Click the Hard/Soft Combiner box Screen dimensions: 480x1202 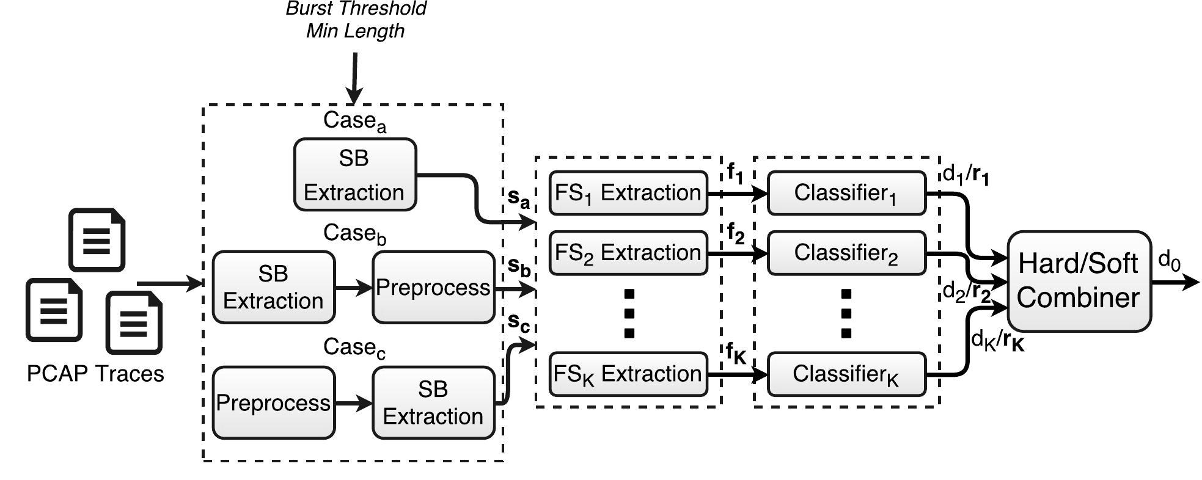[x=1079, y=281]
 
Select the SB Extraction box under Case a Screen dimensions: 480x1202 [x=354, y=175]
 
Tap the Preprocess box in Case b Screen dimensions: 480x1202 [x=433, y=287]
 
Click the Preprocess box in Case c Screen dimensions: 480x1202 [x=273, y=402]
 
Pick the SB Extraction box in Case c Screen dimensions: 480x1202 [x=433, y=402]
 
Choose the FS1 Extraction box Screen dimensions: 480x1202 [x=628, y=193]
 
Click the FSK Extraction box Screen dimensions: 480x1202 [x=628, y=374]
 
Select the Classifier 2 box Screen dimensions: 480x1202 [x=846, y=253]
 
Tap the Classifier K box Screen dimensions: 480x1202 [x=846, y=374]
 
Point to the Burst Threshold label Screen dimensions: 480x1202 [x=356, y=9]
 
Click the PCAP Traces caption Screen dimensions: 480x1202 [x=95, y=373]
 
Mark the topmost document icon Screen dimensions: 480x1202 [x=97, y=239]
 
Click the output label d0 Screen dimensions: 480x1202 [x=1169, y=261]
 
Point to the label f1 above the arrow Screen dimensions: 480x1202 [x=735, y=173]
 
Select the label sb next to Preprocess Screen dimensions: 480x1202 [x=519, y=266]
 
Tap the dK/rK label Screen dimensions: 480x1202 [x=997, y=340]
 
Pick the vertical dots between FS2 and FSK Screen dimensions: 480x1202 [x=629, y=313]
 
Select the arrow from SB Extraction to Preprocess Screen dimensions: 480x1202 [x=353, y=287]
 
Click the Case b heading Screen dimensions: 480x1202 [x=354, y=233]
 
